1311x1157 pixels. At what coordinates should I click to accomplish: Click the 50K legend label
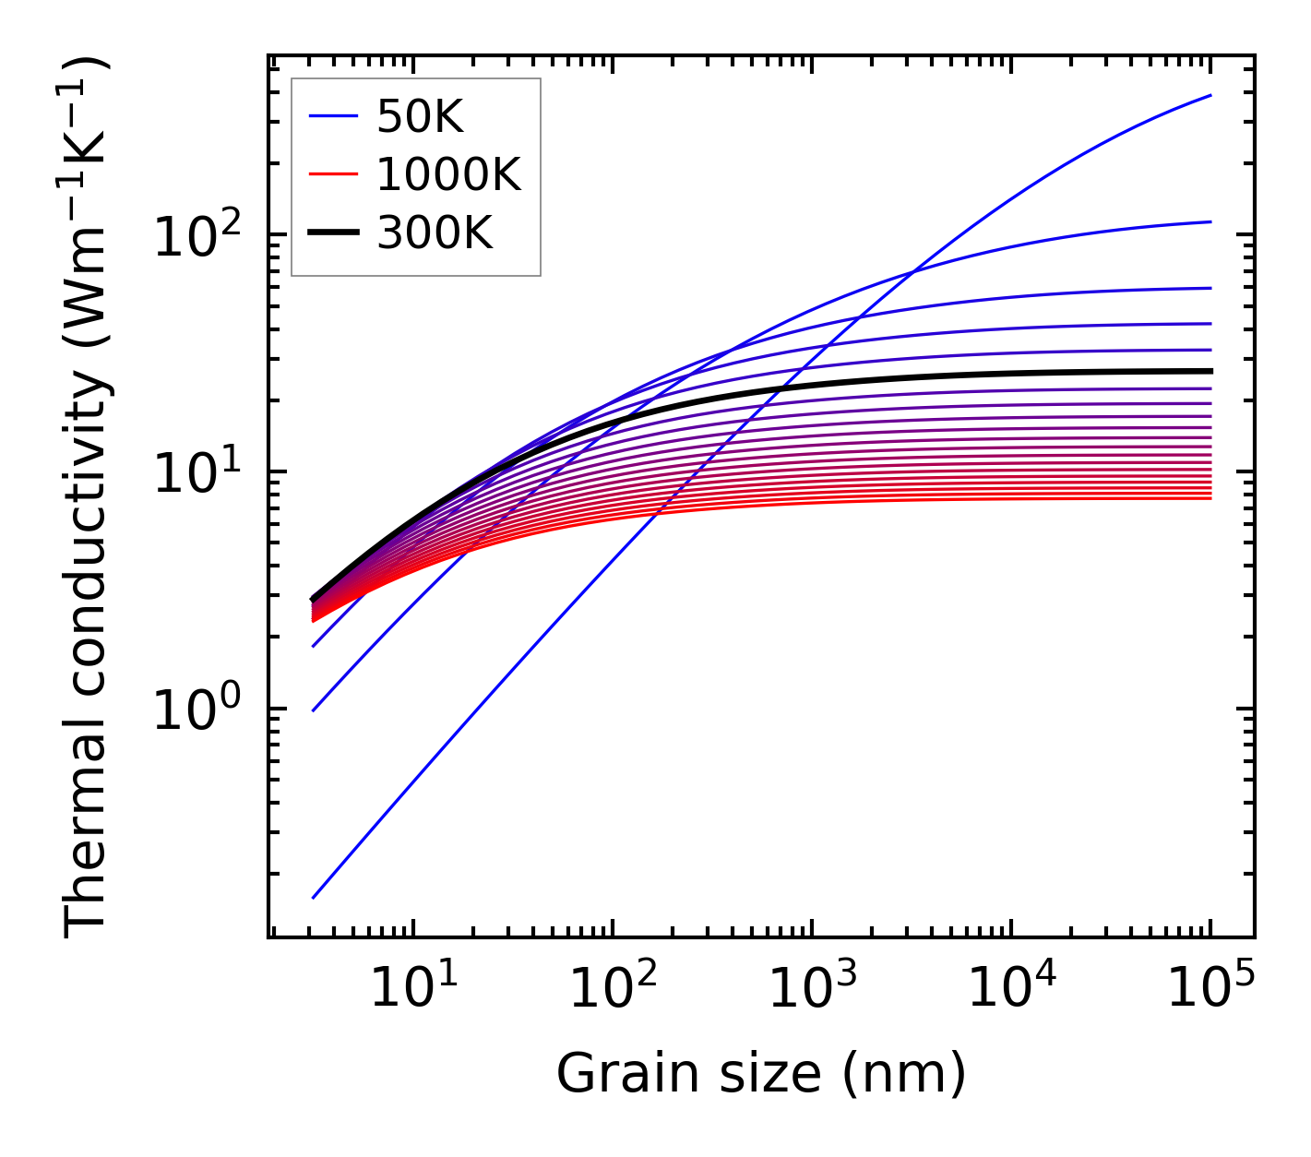tap(420, 117)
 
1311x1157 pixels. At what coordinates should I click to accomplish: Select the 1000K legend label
tap(448, 175)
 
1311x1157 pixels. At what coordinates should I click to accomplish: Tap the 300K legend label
tap(435, 233)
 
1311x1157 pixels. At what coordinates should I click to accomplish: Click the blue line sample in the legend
tap(333, 117)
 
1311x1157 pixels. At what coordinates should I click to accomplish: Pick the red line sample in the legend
tap(333, 175)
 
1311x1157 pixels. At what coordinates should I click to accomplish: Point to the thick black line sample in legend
tap(333, 233)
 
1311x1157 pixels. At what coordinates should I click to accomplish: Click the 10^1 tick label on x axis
tap(412, 988)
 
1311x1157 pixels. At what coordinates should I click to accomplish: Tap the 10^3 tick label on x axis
tap(811, 988)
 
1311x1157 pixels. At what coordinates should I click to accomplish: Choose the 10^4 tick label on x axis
tap(1011, 988)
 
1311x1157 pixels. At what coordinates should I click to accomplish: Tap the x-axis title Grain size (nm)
tap(761, 1074)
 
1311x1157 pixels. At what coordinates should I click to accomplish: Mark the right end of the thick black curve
tap(1210, 371)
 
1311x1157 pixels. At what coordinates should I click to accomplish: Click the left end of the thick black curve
tap(314, 599)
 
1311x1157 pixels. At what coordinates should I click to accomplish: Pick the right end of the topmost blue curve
tap(1210, 95)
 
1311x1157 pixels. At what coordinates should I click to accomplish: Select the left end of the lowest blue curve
tap(314, 897)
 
